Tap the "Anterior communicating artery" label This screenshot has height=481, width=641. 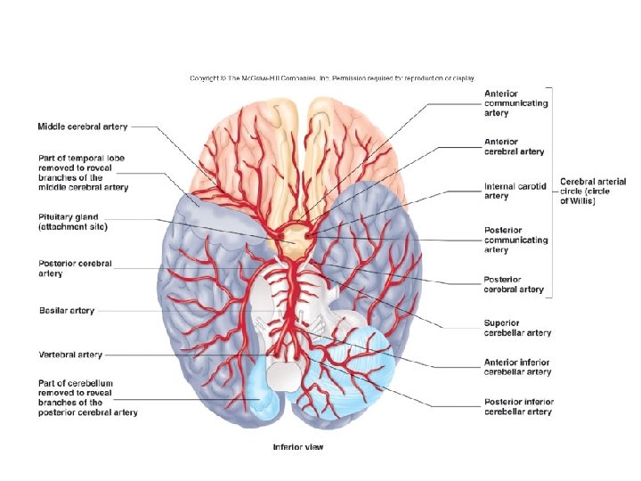(x=515, y=103)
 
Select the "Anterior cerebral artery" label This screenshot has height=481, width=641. (x=514, y=146)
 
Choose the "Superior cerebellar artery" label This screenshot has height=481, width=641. (x=517, y=328)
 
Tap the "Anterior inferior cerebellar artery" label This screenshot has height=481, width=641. (x=517, y=367)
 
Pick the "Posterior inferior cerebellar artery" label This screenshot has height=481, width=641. (x=518, y=407)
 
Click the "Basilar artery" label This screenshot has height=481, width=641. (x=67, y=311)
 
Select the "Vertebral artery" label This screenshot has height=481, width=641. (x=70, y=355)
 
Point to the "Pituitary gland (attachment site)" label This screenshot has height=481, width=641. (x=81, y=222)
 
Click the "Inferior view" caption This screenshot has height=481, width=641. (x=298, y=447)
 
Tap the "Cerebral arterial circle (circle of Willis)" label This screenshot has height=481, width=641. (x=593, y=192)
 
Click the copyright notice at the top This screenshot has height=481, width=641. (x=332, y=78)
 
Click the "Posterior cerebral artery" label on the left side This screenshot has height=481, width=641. (x=76, y=268)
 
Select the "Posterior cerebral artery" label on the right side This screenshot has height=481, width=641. (x=514, y=284)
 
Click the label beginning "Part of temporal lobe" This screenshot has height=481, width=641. (x=83, y=173)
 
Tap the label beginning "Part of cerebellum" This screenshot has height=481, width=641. (x=88, y=397)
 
